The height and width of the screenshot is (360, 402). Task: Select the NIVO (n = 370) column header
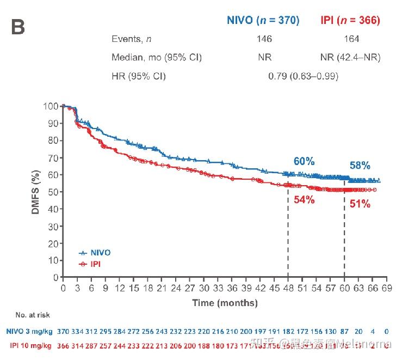coord(263,21)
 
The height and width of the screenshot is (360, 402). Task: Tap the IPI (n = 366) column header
coord(348,21)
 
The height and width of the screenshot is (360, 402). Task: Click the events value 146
coord(264,39)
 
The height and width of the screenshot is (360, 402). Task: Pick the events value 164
coord(351,39)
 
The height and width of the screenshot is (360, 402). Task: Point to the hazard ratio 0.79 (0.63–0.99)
coord(303,76)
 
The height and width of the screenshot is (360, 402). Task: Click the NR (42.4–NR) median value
coord(351,57)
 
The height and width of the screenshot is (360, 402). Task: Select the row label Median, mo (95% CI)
coord(157,57)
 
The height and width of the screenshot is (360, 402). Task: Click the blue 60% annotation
coord(304,161)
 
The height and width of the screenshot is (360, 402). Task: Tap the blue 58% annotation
coord(360,166)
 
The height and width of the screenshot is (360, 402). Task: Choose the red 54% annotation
coord(304,199)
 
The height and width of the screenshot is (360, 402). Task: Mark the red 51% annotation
coord(360,204)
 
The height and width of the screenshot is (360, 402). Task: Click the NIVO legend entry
coord(99,253)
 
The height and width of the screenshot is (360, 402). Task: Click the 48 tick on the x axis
coord(288,288)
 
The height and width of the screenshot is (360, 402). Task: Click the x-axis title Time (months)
coord(225,302)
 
